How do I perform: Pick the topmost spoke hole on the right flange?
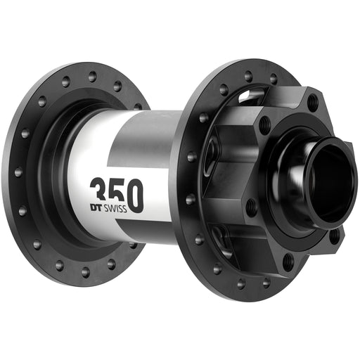[247, 77]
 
